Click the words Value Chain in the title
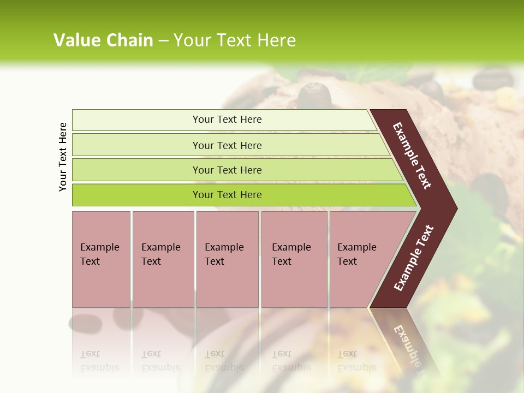coord(103,40)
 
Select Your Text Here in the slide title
coord(235,40)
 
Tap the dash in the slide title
coord(163,41)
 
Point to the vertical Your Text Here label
coord(63,157)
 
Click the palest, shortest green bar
coord(224,120)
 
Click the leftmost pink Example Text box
coord(101,259)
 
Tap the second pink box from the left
coord(163,259)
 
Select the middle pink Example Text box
coord(227,259)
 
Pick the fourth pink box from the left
coord(294,259)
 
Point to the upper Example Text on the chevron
coord(412,156)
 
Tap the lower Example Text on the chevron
coord(414,258)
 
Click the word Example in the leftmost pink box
coord(99,247)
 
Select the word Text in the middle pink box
coord(215,261)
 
